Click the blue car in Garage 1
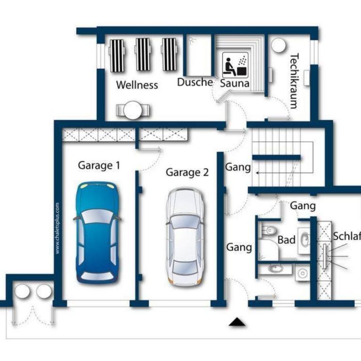pos(97,233)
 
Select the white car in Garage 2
pos(185,237)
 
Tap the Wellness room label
pos(137,85)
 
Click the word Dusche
pos(195,82)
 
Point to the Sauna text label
pos(235,83)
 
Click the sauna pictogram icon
pos(235,65)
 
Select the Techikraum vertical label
pos(294,81)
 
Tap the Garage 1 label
pos(99,165)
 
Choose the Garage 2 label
pos(187,173)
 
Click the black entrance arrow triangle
pos(237,322)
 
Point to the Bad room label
pos(286,240)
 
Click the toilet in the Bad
pos(269,230)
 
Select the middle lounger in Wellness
pos(143,55)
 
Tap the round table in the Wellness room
pos(133,110)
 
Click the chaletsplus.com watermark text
pos(57,228)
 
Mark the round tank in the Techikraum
pos(278,45)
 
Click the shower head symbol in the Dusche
pos(192,41)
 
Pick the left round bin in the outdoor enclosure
pos(23,291)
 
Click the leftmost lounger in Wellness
pos(117,55)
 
